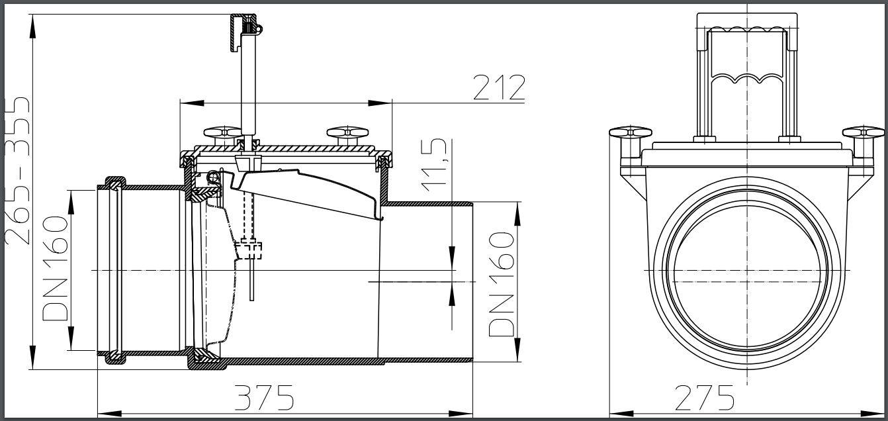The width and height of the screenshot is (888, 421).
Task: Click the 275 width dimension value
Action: click(705, 398)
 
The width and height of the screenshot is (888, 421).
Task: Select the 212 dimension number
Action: click(499, 87)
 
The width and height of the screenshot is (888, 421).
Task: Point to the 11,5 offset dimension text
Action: click(437, 165)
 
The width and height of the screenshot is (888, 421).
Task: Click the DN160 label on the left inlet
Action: click(56, 268)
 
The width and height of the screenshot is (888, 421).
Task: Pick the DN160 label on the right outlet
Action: click(502, 285)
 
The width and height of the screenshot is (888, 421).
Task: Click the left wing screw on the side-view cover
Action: click(221, 132)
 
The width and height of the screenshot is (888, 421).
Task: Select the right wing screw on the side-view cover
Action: click(345, 133)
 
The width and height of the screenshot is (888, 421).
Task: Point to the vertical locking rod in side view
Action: click(247, 86)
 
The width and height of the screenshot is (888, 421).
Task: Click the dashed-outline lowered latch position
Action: click(249, 250)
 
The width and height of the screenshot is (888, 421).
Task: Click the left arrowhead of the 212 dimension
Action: click(185, 103)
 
